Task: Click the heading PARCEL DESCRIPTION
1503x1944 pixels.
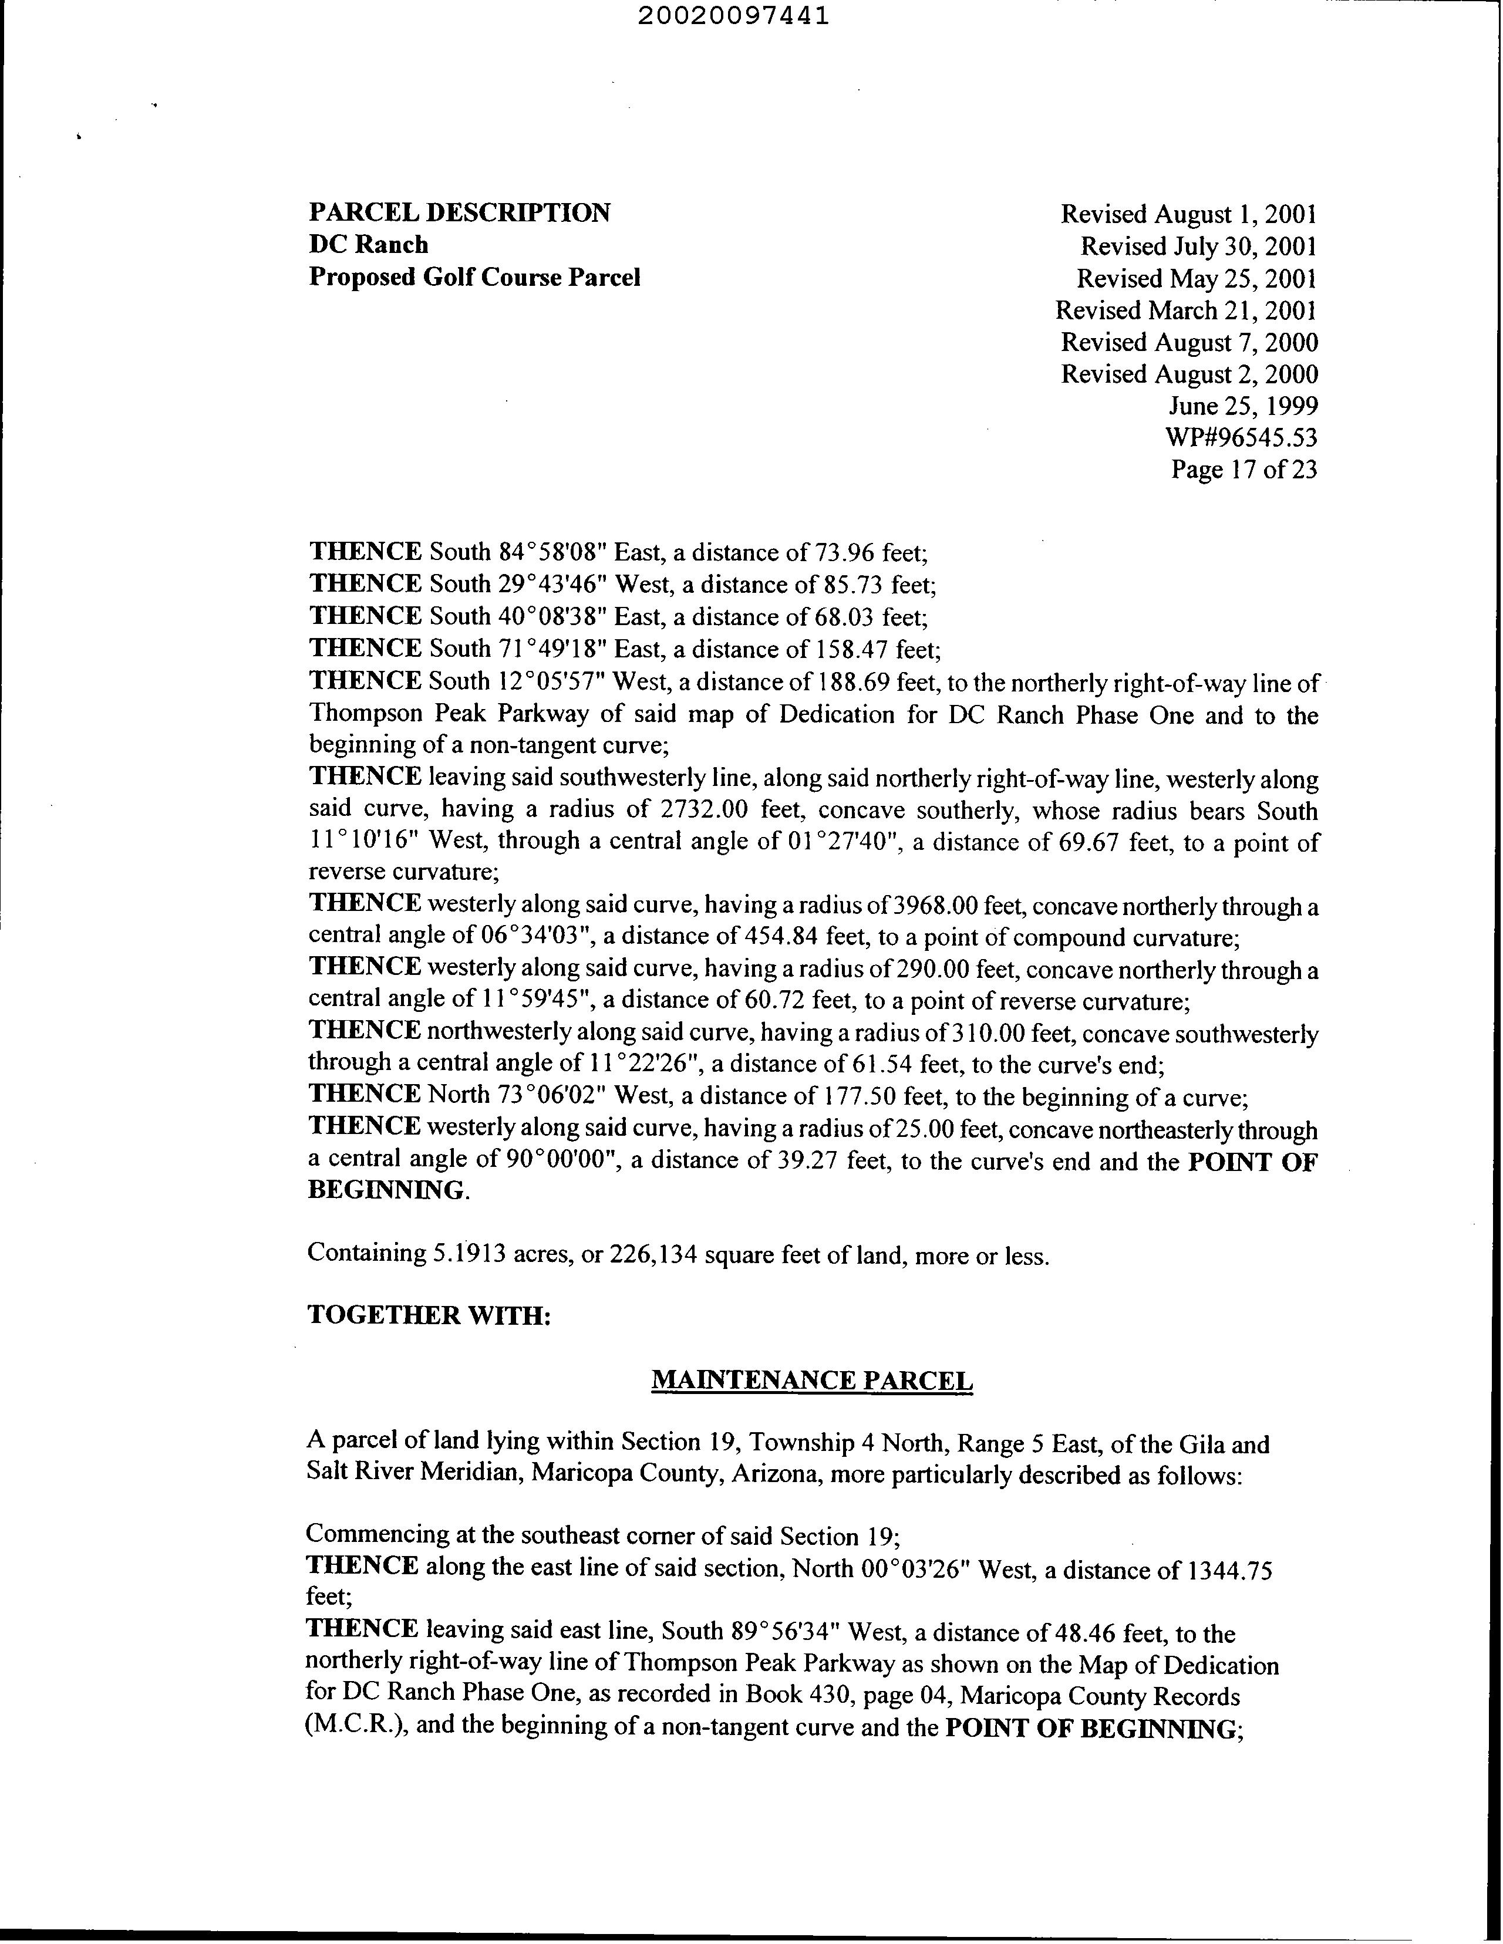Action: click(x=460, y=212)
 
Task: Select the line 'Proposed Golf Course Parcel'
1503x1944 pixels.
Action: click(x=474, y=277)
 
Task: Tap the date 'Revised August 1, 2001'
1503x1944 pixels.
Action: click(x=1189, y=214)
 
